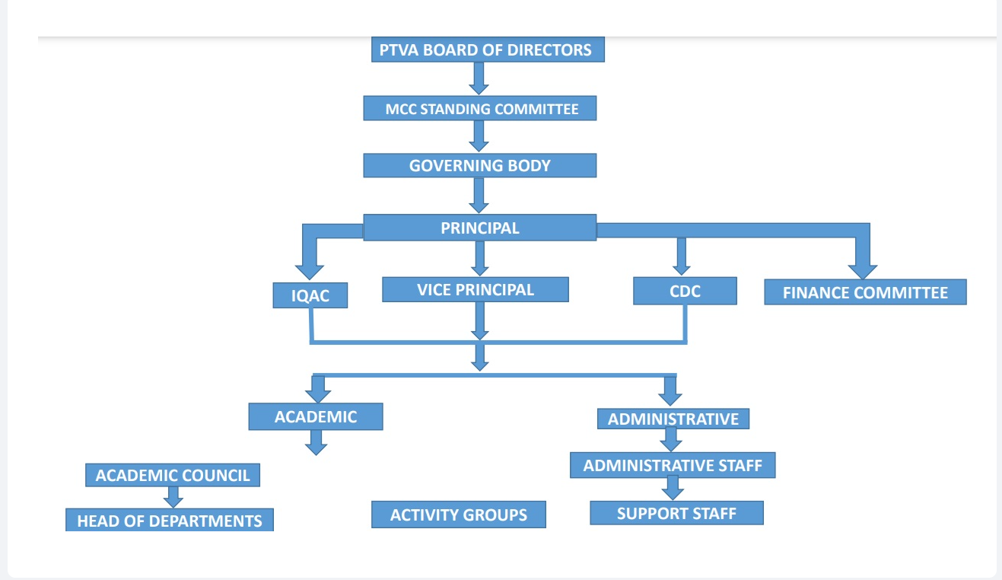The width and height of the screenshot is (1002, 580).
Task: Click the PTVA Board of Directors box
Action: tap(485, 50)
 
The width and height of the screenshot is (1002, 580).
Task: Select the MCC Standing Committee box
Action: tap(479, 109)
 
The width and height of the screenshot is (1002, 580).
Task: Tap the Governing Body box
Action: tap(479, 165)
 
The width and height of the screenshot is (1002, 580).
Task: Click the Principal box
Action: tap(479, 228)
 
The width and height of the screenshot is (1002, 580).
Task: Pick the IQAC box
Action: tap(310, 295)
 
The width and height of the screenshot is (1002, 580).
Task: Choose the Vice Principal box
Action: tap(475, 289)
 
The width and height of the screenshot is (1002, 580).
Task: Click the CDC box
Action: tap(685, 291)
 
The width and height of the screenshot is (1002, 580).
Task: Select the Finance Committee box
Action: tap(865, 292)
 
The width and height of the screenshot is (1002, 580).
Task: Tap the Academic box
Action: tap(315, 416)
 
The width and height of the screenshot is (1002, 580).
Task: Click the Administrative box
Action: tap(673, 419)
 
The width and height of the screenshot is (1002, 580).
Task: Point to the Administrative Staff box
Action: tap(673, 465)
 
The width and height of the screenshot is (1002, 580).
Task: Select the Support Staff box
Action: tap(676, 513)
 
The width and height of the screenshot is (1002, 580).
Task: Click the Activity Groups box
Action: tap(459, 515)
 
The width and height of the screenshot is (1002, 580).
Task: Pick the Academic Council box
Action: tap(173, 476)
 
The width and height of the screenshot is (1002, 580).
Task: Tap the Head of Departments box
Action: tap(169, 521)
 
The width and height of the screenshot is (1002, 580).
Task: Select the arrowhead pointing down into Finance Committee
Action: tap(863, 271)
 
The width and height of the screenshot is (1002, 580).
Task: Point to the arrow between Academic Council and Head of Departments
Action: tap(173, 497)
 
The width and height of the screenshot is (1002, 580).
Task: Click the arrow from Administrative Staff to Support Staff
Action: tap(671, 488)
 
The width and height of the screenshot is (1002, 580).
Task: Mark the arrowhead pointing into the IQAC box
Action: tap(309, 271)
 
